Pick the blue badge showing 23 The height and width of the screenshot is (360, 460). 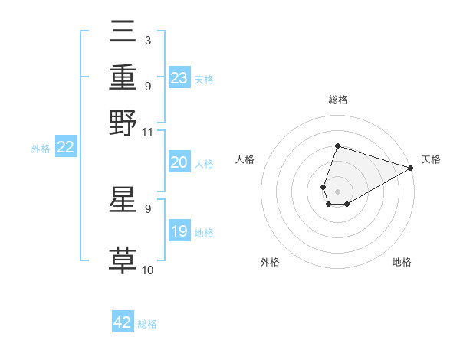[x=179, y=78]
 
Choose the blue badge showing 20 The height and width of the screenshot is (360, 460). [x=179, y=162]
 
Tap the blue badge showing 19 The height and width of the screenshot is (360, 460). [x=179, y=231]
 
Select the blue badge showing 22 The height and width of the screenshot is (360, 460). [x=65, y=148]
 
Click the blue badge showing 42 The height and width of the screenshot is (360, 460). [x=123, y=322]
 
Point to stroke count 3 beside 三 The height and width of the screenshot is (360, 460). [x=147, y=40]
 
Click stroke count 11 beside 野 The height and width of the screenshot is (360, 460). [x=148, y=133]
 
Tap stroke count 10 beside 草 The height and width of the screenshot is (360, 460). [x=148, y=270]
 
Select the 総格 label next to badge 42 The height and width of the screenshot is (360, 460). [x=147, y=324]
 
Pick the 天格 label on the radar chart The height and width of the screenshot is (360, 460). [x=431, y=159]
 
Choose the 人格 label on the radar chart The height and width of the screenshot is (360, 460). [x=245, y=159]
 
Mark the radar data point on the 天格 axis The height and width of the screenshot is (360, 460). [x=411, y=168]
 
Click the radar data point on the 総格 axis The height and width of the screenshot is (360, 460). [x=337, y=146]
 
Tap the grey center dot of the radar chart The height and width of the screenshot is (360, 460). [x=337, y=190]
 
